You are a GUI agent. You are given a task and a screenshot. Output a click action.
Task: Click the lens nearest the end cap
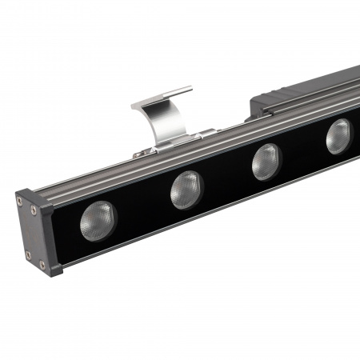tap(98, 220)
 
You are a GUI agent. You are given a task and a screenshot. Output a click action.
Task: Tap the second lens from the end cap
tap(186, 190)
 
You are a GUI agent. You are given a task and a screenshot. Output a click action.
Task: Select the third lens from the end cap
tap(267, 162)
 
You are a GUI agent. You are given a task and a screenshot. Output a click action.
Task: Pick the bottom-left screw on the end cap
tap(29, 256)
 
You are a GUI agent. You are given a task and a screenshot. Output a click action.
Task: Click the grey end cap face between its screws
tap(32, 234)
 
